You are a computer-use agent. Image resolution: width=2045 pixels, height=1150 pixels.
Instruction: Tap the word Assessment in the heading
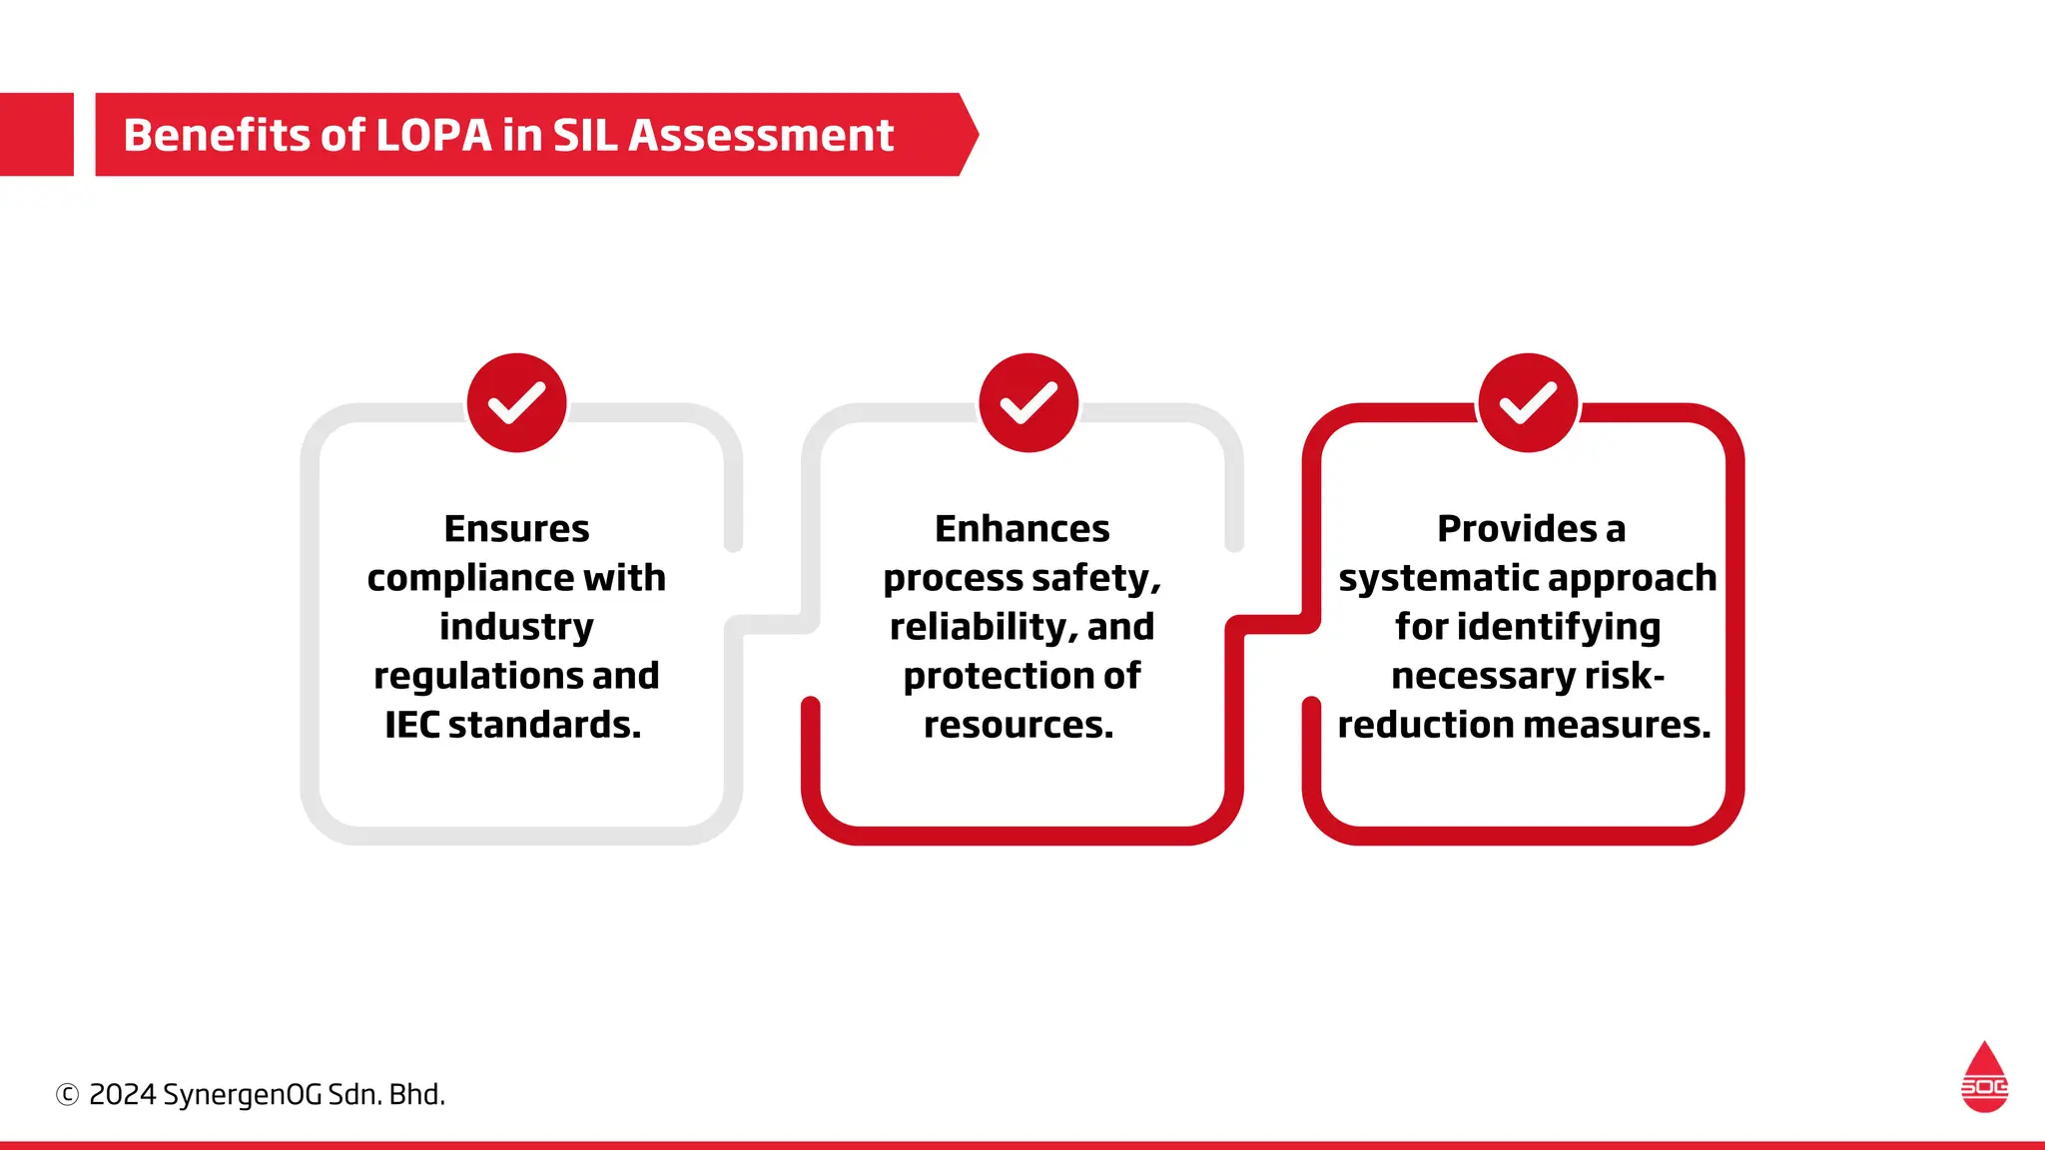[x=761, y=136]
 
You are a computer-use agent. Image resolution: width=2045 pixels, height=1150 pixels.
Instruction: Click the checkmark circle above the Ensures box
[x=516, y=402]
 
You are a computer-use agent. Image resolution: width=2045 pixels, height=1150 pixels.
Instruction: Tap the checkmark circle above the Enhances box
[x=1027, y=402]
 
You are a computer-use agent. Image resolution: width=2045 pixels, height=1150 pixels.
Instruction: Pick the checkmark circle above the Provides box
[x=1528, y=402]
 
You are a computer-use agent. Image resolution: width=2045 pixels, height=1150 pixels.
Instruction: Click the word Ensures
[x=516, y=529]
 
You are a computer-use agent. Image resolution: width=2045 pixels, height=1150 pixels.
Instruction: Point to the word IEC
[x=411, y=725]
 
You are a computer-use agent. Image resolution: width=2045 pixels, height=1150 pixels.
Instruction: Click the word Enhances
[x=1022, y=529]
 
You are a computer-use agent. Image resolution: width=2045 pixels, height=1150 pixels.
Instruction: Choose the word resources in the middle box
[x=1018, y=725]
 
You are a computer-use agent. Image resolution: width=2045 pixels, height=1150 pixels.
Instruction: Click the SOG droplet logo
[x=1984, y=1078]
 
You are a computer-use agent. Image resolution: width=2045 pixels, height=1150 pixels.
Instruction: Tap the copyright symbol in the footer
[x=67, y=1095]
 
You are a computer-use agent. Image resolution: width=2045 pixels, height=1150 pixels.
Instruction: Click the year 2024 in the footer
[x=123, y=1095]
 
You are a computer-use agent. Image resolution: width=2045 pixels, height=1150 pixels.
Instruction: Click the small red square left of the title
[x=37, y=135]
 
